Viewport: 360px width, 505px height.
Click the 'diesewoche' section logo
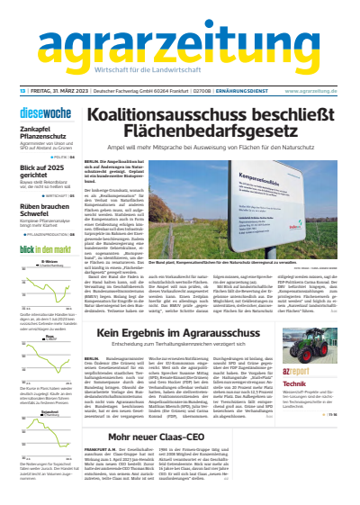43,113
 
